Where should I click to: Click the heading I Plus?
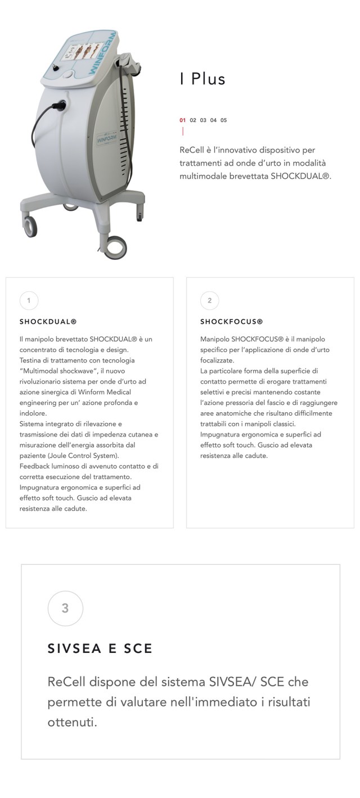(202, 79)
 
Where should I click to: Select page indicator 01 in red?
(182, 120)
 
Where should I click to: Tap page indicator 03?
(203, 120)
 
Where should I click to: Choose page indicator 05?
(224, 120)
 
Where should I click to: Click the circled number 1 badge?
(29, 300)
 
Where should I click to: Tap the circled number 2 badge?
(209, 300)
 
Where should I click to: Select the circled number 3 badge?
(65, 608)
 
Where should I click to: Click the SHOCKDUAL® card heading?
(48, 322)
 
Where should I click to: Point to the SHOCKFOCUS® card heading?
(231, 322)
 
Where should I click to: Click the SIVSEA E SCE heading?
(100, 648)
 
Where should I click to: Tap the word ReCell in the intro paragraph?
(191, 150)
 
